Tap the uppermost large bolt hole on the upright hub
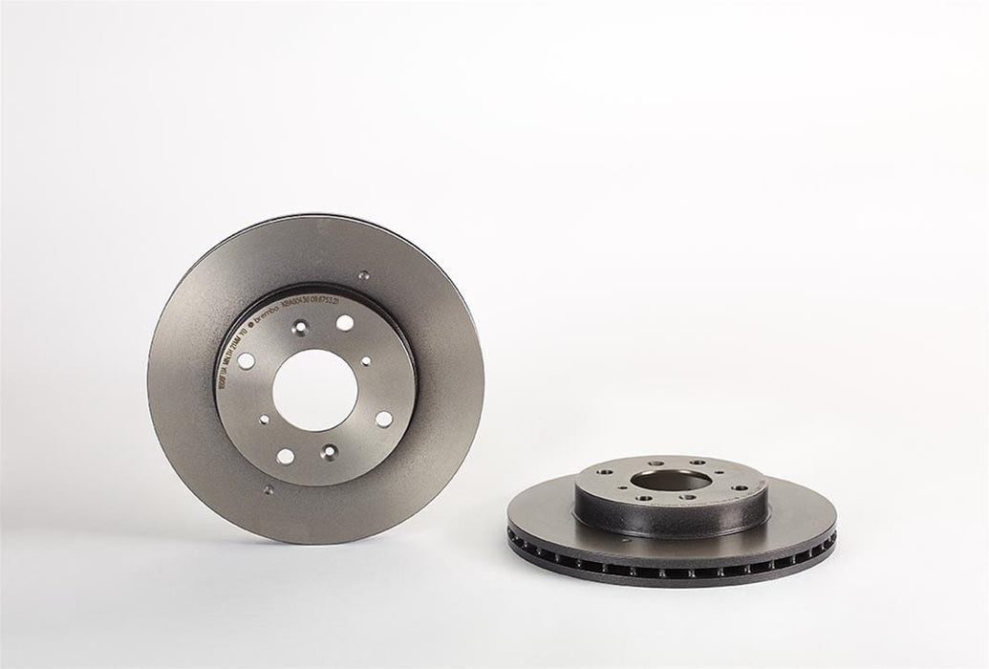[x=344, y=323]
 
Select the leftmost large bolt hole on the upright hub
[x=245, y=361]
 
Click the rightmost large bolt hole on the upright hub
[x=383, y=419]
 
